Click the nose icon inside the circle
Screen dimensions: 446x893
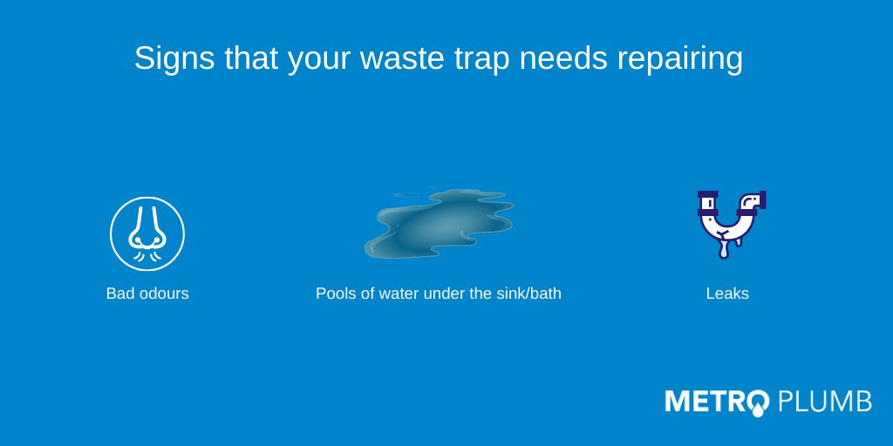147,232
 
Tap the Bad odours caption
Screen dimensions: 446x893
147,294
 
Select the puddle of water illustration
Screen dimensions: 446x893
438,222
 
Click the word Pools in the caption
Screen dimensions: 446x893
335,294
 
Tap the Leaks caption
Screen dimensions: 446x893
727,294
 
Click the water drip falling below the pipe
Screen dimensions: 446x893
723,250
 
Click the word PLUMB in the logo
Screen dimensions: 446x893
824,402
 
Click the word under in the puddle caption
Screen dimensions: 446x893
443,294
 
